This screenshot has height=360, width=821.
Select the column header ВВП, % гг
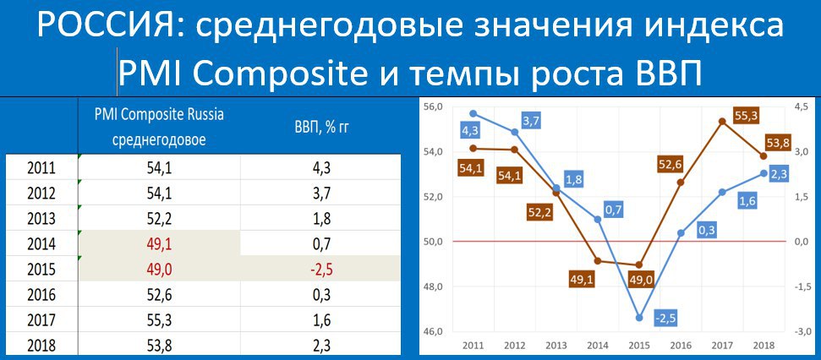point(321,128)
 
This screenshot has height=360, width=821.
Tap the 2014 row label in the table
point(41,244)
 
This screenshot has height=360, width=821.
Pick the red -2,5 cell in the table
point(320,270)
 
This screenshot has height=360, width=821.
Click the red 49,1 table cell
point(159,244)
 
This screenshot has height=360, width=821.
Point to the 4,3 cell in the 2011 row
point(320,168)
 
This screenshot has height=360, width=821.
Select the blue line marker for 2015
point(638,318)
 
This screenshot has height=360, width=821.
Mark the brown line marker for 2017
point(708,122)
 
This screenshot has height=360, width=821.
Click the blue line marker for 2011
point(473,113)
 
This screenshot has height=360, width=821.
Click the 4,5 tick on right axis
point(800,106)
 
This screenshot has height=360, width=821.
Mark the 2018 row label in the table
point(41,346)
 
